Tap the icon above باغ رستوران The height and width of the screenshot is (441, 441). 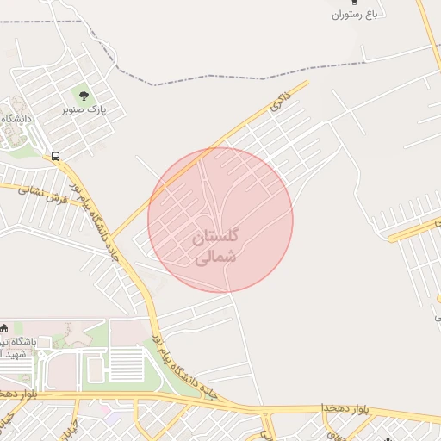(353, 3)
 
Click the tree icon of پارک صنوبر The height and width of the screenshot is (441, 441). (84, 96)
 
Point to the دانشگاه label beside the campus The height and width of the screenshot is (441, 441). (15, 118)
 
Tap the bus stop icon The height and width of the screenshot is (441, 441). (56, 157)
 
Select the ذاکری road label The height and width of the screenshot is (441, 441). (277, 102)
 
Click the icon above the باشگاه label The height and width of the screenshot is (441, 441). (4, 327)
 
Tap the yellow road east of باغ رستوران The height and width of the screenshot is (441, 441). (429, 34)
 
